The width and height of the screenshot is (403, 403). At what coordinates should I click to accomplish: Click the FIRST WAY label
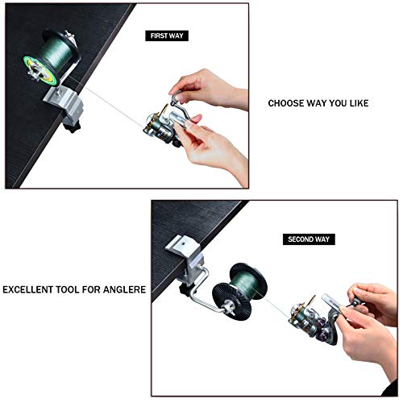tap(167, 35)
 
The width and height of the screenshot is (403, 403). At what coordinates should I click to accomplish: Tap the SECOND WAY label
tap(309, 239)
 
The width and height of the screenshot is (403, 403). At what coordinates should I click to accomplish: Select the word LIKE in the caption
tap(359, 103)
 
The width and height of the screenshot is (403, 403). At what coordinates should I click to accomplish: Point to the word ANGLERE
tap(124, 289)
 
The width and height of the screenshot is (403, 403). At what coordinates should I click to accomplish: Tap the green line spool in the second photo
tap(240, 292)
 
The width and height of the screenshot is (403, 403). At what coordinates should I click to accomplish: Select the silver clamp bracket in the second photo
tap(186, 260)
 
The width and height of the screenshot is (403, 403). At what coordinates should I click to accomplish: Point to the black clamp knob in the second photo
tap(185, 290)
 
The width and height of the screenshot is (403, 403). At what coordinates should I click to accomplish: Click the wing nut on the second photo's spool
tap(229, 308)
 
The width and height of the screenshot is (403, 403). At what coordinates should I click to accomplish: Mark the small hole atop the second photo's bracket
tap(183, 243)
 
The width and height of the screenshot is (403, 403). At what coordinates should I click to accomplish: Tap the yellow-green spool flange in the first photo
tap(40, 70)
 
